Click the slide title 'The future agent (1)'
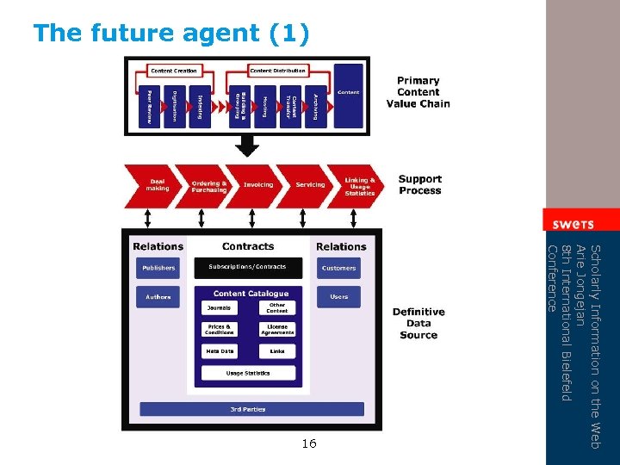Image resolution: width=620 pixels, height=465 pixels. coord(170,34)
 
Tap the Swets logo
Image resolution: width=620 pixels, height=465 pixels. coord(573,224)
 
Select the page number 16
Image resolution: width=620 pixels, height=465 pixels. coord(309,443)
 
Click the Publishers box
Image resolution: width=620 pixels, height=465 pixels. coord(158,268)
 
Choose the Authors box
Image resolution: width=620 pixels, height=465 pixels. coord(158,297)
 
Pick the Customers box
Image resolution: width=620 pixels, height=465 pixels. coord(338,268)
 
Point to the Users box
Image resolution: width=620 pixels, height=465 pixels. coord(338,297)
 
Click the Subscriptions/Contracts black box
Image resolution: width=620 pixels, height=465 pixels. coord(247,267)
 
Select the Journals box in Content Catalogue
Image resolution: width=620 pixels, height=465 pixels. coord(220,307)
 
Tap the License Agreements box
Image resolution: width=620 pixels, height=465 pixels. coord(276,330)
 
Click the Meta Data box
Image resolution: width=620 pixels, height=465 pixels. coord(220,351)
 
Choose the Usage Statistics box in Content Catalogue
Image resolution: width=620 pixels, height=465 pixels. coord(248,374)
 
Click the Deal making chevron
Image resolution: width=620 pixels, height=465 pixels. coord(156,184)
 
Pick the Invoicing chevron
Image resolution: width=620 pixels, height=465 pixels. coord(257,184)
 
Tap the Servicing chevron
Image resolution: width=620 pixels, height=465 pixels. coord(310,184)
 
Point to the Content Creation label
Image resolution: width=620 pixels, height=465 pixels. coord(174,71)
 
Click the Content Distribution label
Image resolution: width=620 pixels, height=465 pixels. coord(278,71)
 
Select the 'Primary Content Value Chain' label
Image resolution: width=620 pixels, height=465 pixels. coord(418,92)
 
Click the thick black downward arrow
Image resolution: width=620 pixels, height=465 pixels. coord(247,146)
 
